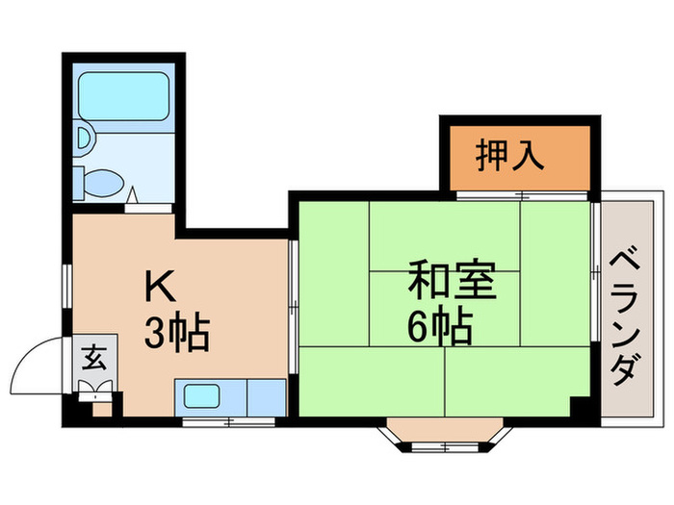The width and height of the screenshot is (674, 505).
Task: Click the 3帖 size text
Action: click(176, 334)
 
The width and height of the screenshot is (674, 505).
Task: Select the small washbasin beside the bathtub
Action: click(82, 139)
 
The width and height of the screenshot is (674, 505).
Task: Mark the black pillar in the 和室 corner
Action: click(579, 407)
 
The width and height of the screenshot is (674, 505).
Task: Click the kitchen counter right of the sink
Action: click(266, 395)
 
